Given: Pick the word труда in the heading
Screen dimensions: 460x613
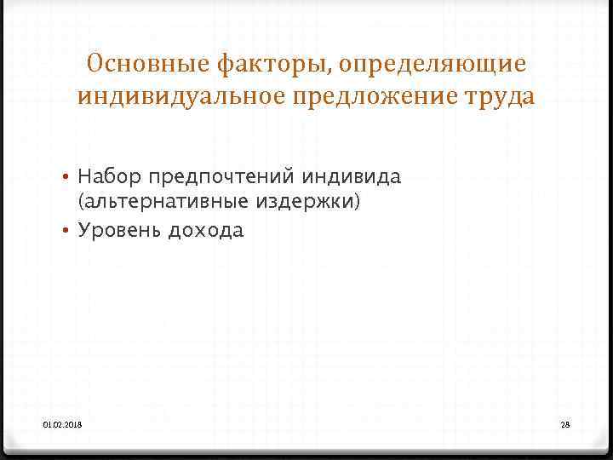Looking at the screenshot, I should click(x=501, y=97).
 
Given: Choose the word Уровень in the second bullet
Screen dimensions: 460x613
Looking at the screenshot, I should click(x=119, y=231).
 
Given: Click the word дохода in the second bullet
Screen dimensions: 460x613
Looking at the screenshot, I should click(x=206, y=231).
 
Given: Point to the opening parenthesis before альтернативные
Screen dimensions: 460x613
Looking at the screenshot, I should click(x=80, y=204).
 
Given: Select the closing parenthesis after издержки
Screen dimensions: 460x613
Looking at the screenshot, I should click(x=370, y=204).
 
